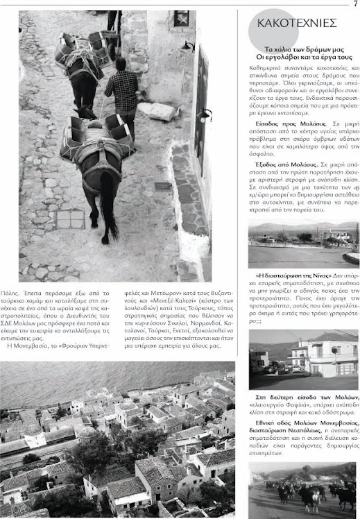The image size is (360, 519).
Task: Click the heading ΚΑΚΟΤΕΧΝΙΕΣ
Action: point(296,23)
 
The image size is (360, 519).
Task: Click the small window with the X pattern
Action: point(181,19)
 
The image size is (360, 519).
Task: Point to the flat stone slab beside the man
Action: point(157,110)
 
